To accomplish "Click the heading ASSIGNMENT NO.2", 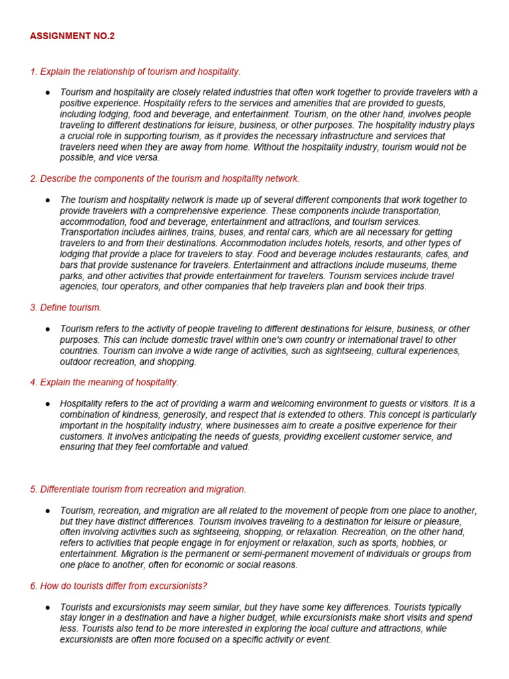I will [72, 36].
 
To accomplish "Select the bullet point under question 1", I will [48, 92].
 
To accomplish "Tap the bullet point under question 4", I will [48, 404].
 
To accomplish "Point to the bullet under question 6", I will [48, 607].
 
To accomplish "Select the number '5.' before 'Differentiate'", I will [34, 489].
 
